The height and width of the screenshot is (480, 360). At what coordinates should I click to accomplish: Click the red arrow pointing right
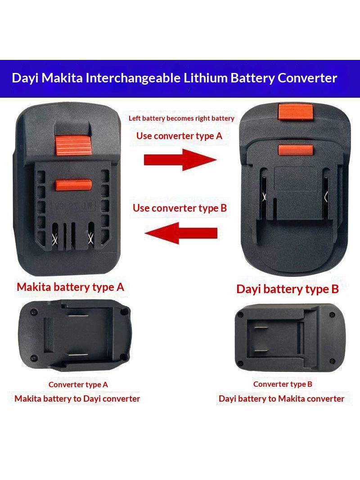coord(180,159)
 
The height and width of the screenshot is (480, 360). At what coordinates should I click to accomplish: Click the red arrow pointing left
coord(181,233)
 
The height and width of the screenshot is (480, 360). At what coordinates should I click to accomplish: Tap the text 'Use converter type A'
coord(179,136)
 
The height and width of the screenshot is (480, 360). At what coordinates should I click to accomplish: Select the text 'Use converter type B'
coord(180,208)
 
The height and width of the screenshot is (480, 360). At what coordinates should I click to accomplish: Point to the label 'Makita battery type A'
coord(70,287)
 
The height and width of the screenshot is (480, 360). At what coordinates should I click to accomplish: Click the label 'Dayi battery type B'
coord(288,289)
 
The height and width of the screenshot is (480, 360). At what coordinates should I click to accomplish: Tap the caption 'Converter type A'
coord(78,385)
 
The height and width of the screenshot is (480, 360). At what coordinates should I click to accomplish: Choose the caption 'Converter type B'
coord(283,384)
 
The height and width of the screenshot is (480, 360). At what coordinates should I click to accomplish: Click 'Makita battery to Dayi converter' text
coord(77,398)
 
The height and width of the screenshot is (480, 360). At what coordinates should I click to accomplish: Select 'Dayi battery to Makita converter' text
coord(281,398)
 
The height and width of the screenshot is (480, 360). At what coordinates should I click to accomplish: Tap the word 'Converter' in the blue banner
coord(307,78)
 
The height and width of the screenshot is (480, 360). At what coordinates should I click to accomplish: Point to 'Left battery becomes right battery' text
coord(181,118)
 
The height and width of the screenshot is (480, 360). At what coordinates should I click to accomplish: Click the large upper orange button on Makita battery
coord(73,145)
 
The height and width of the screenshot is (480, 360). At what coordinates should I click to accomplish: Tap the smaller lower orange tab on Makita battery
coord(73,185)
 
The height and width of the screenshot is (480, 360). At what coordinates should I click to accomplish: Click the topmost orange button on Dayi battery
coord(296,112)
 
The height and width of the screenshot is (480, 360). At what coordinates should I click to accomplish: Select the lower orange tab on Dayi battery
coord(296,150)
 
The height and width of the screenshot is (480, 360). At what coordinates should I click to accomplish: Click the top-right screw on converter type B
coord(332,315)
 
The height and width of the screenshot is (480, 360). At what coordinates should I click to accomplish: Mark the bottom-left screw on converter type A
coord(34,358)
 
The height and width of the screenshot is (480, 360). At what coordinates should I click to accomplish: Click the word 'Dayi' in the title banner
coord(25,78)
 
